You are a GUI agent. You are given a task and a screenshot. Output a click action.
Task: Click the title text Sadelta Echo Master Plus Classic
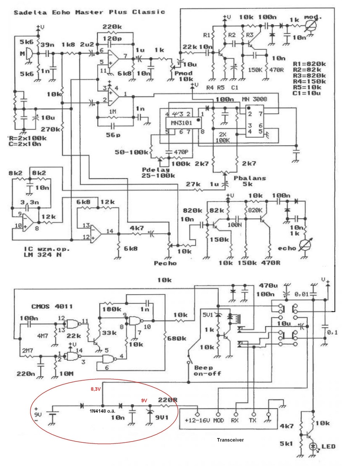(x=89, y=12)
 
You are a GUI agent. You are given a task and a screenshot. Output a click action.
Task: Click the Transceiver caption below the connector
(x=230, y=440)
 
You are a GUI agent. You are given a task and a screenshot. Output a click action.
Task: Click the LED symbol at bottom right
(x=313, y=447)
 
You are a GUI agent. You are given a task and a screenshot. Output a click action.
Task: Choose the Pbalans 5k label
(x=250, y=181)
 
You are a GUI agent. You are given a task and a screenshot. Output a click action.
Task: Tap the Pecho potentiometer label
(x=165, y=263)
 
